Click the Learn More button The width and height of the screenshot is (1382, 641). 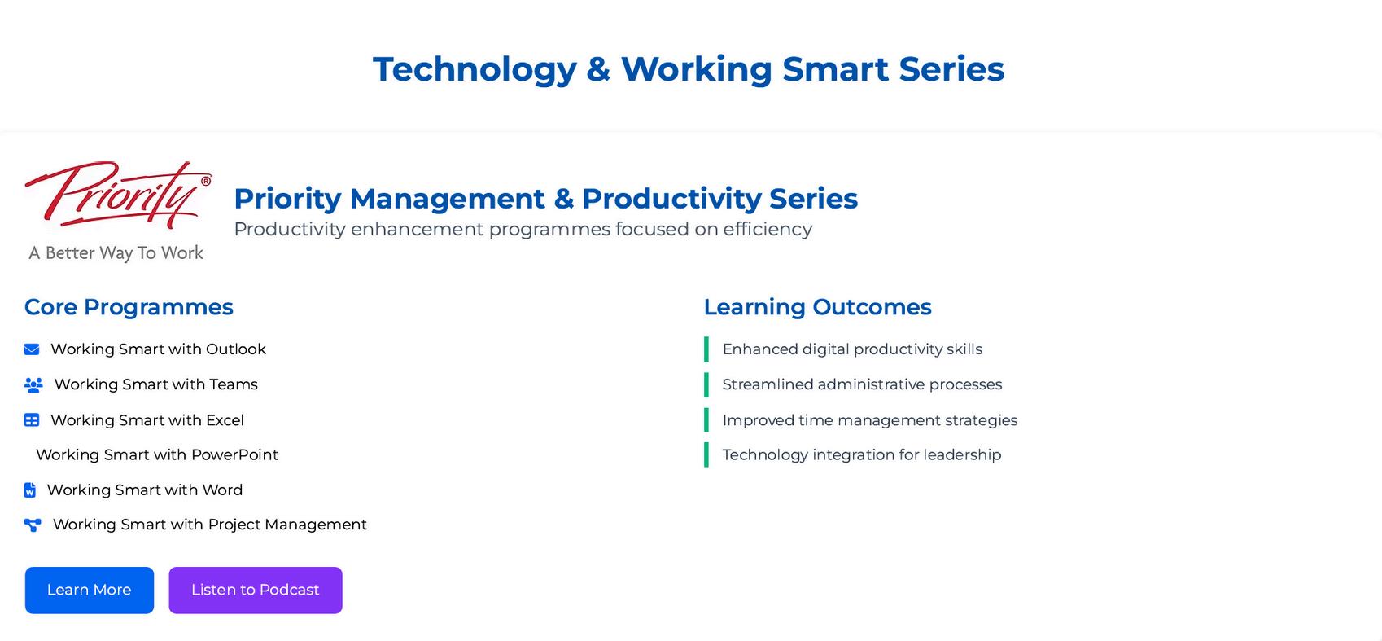(x=90, y=590)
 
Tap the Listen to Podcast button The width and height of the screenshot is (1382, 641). (x=256, y=590)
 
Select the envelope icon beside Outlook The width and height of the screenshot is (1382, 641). (x=32, y=349)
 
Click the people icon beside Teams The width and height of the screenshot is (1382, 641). (x=33, y=384)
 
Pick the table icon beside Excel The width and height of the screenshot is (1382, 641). (x=32, y=420)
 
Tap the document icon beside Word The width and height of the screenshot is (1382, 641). (x=29, y=490)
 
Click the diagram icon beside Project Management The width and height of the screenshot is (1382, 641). (x=33, y=525)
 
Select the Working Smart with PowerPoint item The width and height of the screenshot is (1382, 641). (x=157, y=454)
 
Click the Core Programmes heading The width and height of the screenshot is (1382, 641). (x=129, y=307)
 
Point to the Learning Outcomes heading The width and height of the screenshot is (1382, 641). (x=817, y=307)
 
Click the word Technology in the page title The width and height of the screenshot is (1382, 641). (x=475, y=69)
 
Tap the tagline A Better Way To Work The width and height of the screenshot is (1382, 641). (x=116, y=253)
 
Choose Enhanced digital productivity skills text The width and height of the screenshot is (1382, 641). (x=852, y=349)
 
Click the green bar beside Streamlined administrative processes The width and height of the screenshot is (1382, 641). (x=706, y=384)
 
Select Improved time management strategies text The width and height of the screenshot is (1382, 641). (x=870, y=420)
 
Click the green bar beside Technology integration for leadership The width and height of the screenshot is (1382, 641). (x=706, y=454)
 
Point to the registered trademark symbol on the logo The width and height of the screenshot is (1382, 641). (x=206, y=180)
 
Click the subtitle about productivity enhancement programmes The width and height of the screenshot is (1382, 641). (x=523, y=229)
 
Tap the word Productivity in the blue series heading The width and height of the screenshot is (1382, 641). (x=671, y=199)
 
